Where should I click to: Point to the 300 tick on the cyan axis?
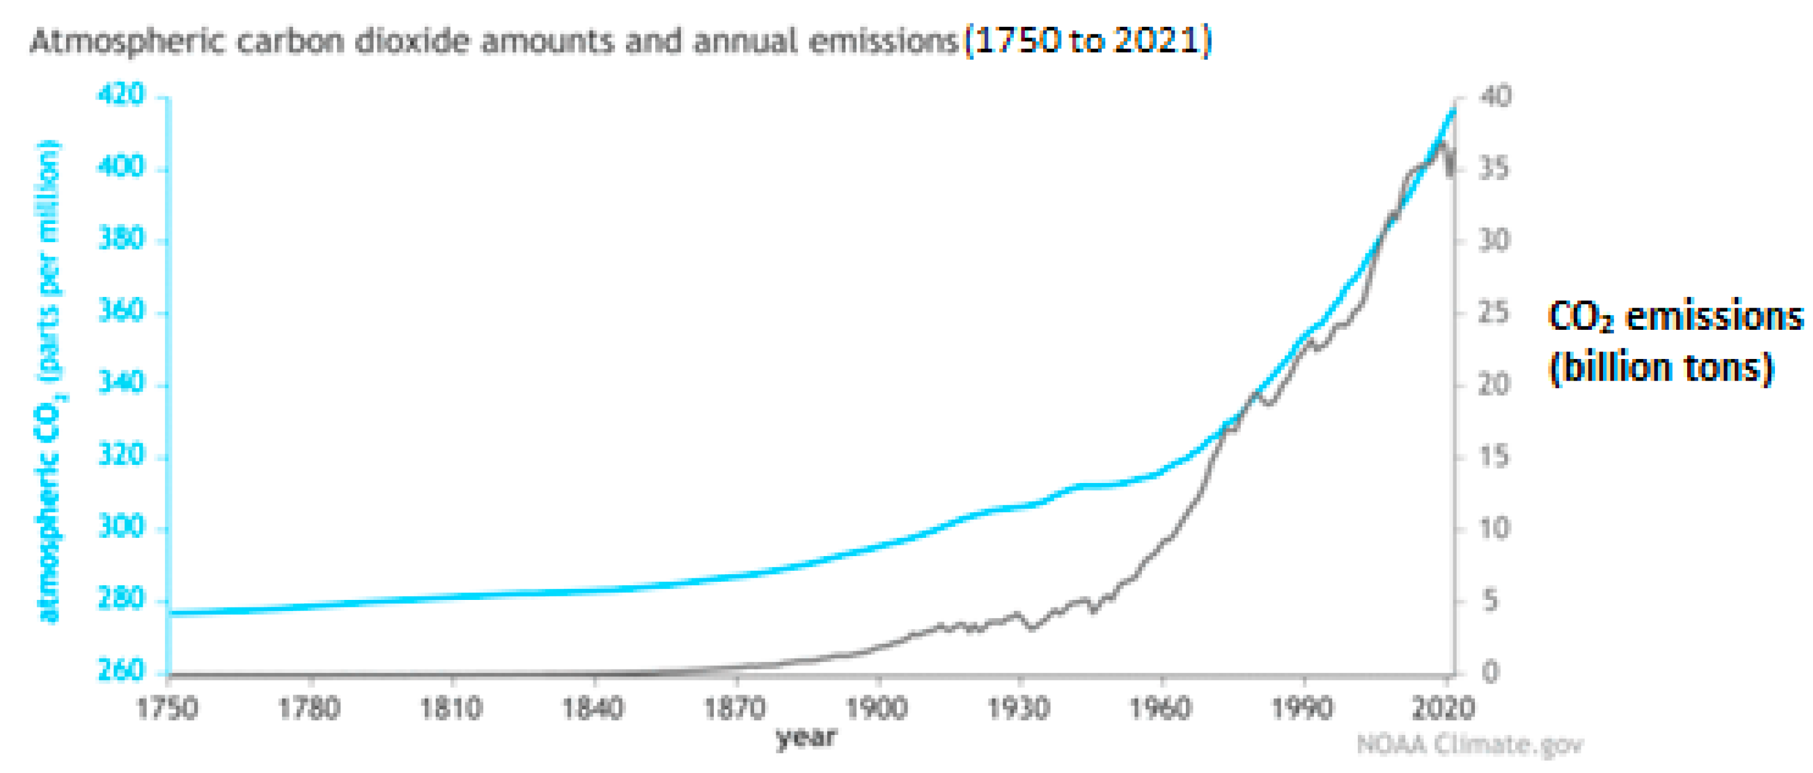121,527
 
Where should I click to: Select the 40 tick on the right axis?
1494,97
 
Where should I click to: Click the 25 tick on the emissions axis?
1494,313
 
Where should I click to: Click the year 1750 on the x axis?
167,708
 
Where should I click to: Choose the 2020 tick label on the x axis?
1443,708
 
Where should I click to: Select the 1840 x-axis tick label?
593,708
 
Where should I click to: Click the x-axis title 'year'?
806,737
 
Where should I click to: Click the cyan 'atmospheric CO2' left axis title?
49,380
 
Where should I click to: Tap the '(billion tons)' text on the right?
1661,368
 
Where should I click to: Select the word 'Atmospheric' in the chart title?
127,42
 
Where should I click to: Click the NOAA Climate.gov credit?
1470,744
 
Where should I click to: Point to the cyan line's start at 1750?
172,613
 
